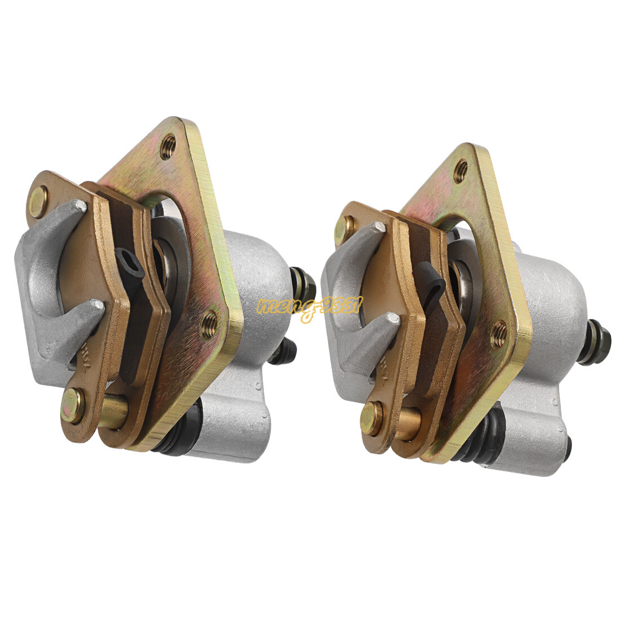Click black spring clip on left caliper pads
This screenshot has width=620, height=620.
[x=130, y=265]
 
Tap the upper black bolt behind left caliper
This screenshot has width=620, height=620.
[x=302, y=285]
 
